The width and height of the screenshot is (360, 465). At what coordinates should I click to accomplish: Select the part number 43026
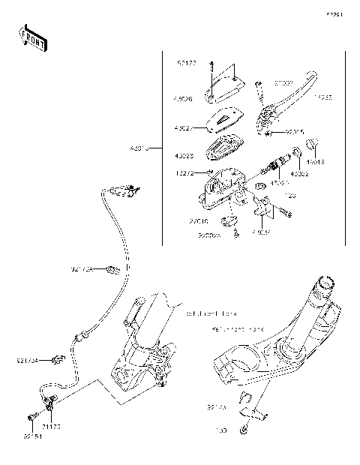click(184, 97)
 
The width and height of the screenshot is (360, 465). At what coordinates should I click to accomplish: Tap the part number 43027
click(184, 127)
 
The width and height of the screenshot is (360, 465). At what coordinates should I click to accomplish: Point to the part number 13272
click(184, 173)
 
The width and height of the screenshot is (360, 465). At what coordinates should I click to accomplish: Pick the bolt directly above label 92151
click(31, 417)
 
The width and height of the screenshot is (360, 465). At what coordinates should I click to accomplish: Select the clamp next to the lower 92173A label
click(56, 362)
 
